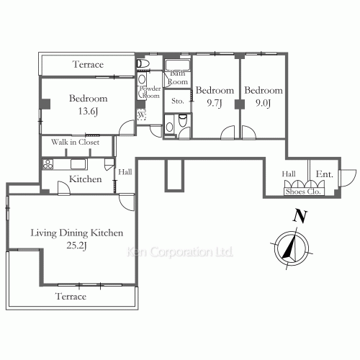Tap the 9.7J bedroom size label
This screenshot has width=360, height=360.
pyautogui.click(x=215, y=103)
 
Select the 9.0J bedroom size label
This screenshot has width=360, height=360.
pyautogui.click(x=263, y=103)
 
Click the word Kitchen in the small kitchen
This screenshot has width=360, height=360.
pyautogui.click(x=85, y=179)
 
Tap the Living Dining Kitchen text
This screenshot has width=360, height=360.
pyautogui.click(x=77, y=233)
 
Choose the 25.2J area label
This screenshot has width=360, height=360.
pyautogui.click(x=77, y=246)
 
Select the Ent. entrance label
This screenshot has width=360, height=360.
pyautogui.click(x=325, y=174)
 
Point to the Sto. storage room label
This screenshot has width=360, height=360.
pyautogui.click(x=177, y=102)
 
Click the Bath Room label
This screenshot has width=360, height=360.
pyautogui.click(x=178, y=78)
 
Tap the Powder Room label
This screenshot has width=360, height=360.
pyautogui.click(x=150, y=92)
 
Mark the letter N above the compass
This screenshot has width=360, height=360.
pyautogui.click(x=297, y=215)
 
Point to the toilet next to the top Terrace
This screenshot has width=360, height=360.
pyautogui.click(x=143, y=64)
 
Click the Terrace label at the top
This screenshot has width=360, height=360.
pyautogui.click(x=88, y=65)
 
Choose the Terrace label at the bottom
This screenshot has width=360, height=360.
pyautogui.click(x=71, y=297)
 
